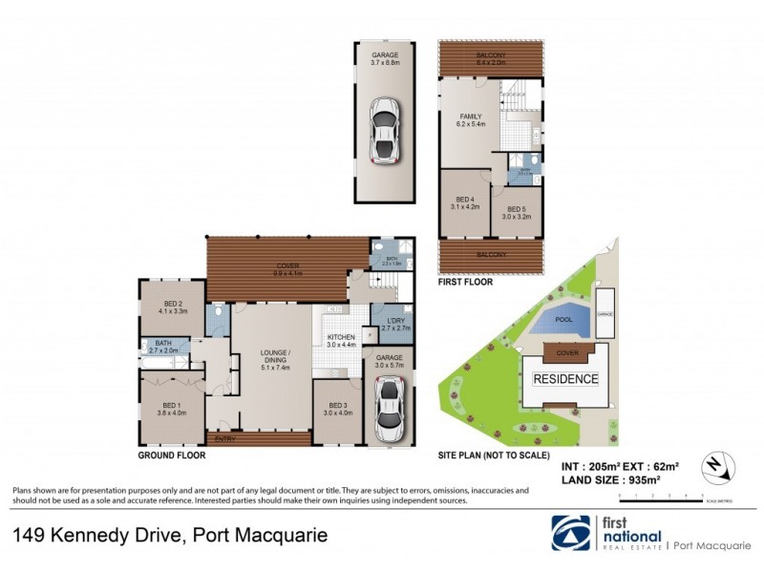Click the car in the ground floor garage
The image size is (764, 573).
pyautogui.click(x=390, y=404)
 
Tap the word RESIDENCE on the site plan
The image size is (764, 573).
pyautogui.click(x=565, y=378)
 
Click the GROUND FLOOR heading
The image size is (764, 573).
pyautogui.click(x=173, y=456)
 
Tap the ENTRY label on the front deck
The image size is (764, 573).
pyautogui.click(x=226, y=438)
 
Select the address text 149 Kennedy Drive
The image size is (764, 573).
pyautogui.click(x=95, y=536)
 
